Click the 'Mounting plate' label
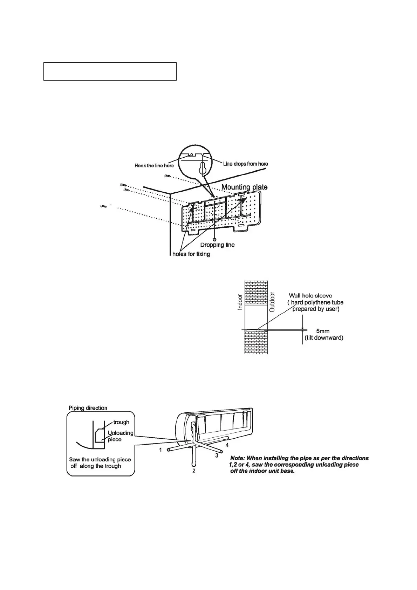click(x=244, y=187)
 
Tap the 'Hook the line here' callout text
click(x=154, y=165)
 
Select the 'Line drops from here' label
click(x=246, y=164)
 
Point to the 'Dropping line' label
click(x=217, y=245)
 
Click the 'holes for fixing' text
click(x=191, y=254)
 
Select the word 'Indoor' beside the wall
click(x=240, y=302)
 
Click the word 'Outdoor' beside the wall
click(x=272, y=302)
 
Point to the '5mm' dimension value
click(x=323, y=331)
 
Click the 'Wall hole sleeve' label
click(x=310, y=296)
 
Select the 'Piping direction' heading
click(x=88, y=408)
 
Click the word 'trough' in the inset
click(x=121, y=422)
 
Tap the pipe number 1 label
click(x=161, y=450)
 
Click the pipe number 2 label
click(x=194, y=471)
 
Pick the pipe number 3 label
click(x=217, y=455)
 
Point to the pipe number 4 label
click(x=227, y=445)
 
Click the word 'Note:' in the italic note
click(x=238, y=458)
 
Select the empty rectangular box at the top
click(x=110, y=71)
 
